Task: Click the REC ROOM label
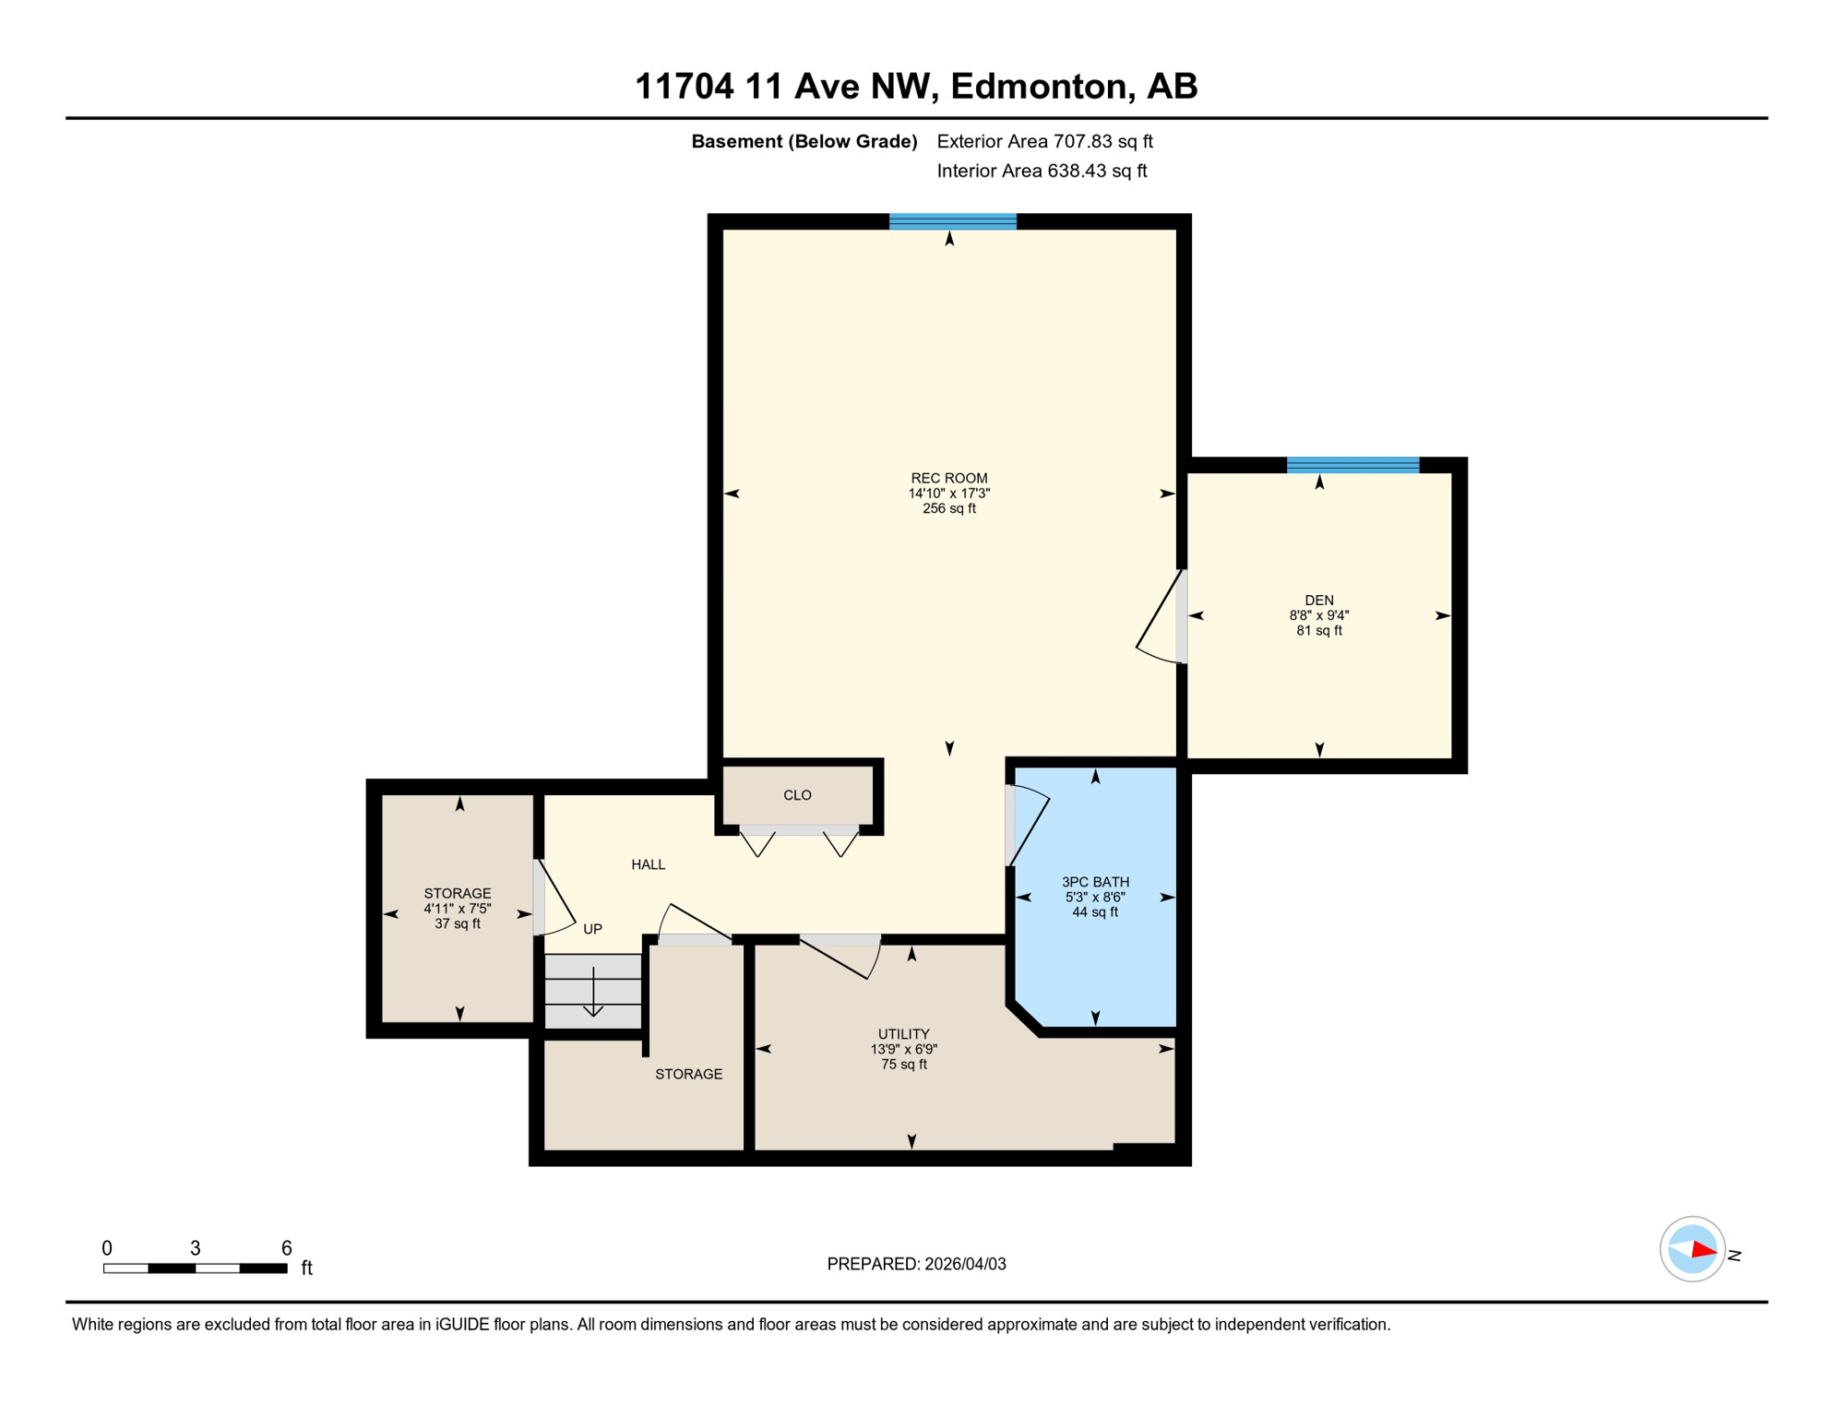click(x=948, y=478)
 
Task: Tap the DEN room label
click(x=1318, y=601)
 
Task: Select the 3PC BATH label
click(x=1095, y=882)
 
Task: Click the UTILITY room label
click(x=903, y=1034)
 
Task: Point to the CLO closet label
click(x=797, y=795)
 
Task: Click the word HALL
click(x=648, y=864)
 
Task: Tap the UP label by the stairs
click(x=592, y=929)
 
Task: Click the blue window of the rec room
click(x=952, y=221)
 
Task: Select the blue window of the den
click(x=1352, y=465)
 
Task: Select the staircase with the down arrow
click(x=592, y=992)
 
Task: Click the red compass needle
click(x=1703, y=1251)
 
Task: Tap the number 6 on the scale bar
click(x=287, y=1248)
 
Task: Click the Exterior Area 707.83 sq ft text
click(x=1044, y=141)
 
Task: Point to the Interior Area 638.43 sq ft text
click(x=1042, y=171)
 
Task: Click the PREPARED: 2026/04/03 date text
click(x=916, y=1264)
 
